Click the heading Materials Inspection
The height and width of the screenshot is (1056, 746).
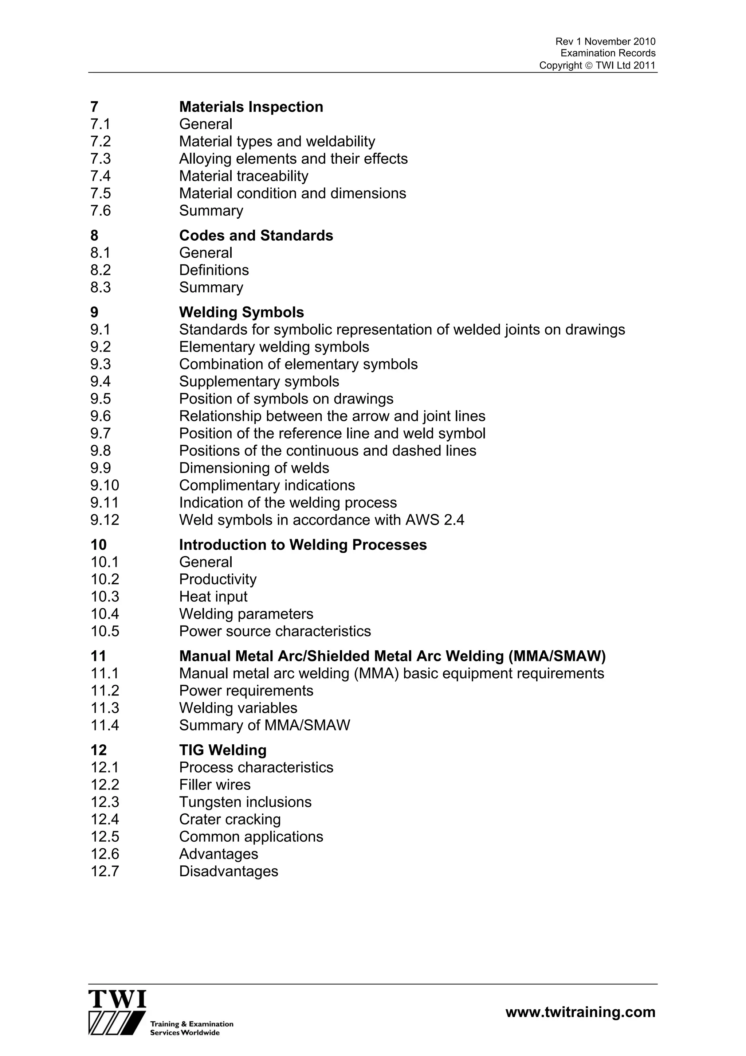(x=251, y=107)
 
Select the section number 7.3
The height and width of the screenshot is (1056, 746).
(x=101, y=159)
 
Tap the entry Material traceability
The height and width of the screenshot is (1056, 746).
(x=244, y=176)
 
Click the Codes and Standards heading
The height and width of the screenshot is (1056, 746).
(x=256, y=235)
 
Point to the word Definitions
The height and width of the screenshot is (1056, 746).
(x=214, y=270)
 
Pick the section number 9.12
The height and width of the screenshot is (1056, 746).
(x=105, y=520)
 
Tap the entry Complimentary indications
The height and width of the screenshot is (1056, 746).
(x=267, y=486)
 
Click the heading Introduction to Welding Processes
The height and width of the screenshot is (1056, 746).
(x=303, y=545)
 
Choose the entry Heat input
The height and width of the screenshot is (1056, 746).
(x=213, y=597)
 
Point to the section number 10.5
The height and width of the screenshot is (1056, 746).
(x=105, y=631)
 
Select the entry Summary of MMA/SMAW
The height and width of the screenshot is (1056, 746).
(x=264, y=726)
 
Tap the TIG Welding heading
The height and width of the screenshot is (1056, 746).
(x=223, y=751)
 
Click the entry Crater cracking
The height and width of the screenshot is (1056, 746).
(x=230, y=819)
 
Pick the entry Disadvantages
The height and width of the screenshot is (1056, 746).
(x=228, y=872)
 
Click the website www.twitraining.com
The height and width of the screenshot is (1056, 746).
(x=580, y=1012)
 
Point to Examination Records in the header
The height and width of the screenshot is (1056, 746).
(x=608, y=53)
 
